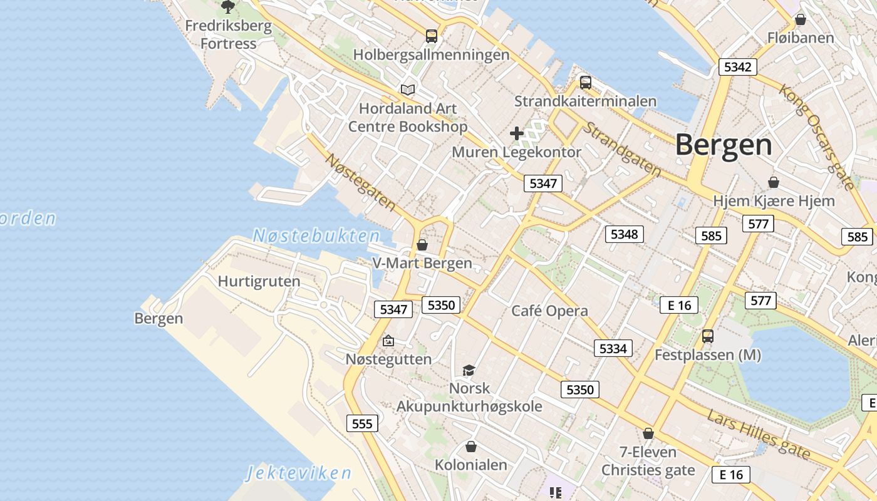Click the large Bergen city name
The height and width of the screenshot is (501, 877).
[x=724, y=145]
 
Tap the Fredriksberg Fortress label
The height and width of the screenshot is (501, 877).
[x=229, y=35]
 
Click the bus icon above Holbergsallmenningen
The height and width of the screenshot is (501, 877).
[x=432, y=36]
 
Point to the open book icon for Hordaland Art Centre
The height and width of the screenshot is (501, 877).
[x=408, y=90]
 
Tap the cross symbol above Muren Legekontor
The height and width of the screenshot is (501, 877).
[x=516, y=133]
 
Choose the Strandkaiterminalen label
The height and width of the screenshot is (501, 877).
[x=585, y=101]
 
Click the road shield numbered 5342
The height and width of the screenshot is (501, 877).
[x=737, y=67]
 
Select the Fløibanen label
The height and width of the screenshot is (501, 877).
[x=801, y=38]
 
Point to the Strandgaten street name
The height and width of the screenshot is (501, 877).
[x=622, y=149]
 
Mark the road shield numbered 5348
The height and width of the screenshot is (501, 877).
[x=624, y=234]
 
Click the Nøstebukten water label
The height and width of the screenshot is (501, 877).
[x=316, y=236]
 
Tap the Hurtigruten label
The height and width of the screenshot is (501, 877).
[x=259, y=281]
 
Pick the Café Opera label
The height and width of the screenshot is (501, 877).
[x=549, y=311]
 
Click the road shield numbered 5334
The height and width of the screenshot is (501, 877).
[x=613, y=348]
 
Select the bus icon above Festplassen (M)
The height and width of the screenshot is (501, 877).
[x=708, y=336]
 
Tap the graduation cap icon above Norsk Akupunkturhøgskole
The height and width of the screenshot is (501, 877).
[x=469, y=370]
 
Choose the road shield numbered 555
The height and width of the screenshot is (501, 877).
[x=362, y=423]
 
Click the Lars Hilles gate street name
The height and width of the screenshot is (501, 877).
[x=758, y=433]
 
